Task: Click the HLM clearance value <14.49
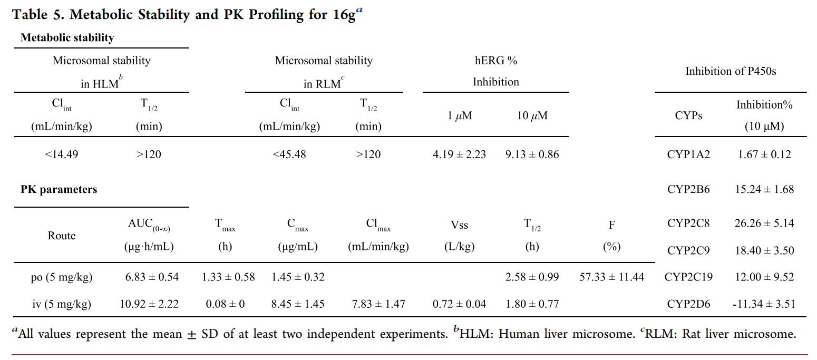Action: [62, 154]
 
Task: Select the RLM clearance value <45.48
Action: [289, 154]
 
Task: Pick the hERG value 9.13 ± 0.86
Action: [532, 154]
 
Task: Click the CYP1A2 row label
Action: [688, 154]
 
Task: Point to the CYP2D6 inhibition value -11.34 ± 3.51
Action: [763, 304]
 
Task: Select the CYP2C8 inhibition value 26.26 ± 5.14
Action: [764, 223]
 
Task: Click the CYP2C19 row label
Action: [688, 277]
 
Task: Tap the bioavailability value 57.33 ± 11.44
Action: [611, 277]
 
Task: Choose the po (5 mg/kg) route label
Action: [62, 277]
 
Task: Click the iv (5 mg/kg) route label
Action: [62, 304]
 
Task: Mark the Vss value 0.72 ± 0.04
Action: [459, 304]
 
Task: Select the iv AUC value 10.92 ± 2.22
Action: [152, 304]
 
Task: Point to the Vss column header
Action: [459, 225]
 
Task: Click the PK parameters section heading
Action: [59, 189]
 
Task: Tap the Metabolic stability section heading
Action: [67, 37]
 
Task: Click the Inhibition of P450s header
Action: [731, 71]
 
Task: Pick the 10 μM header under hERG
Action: [532, 116]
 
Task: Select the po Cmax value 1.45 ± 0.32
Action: [298, 277]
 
